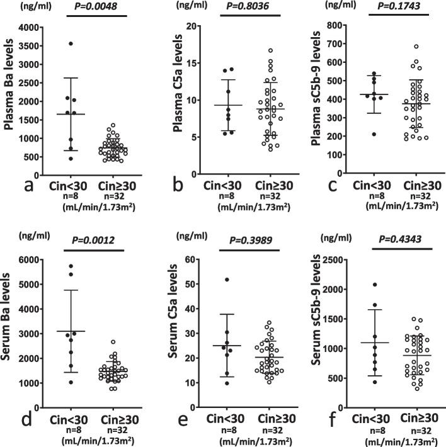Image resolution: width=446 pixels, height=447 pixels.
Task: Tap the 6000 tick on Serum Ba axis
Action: coord(23,259)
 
